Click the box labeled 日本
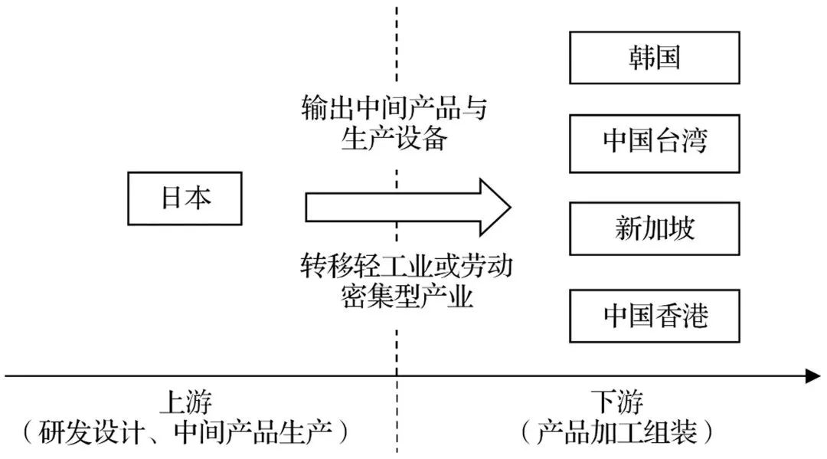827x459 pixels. click(x=185, y=199)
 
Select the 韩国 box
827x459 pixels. click(x=654, y=58)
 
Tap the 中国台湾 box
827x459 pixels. click(x=654, y=143)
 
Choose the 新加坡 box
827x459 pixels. click(x=654, y=228)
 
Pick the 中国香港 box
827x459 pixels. click(x=654, y=315)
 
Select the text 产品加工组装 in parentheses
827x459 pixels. click(x=617, y=434)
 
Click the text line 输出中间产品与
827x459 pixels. click(x=394, y=110)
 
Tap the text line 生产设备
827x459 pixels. click(x=394, y=140)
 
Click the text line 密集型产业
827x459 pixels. click(x=406, y=296)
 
